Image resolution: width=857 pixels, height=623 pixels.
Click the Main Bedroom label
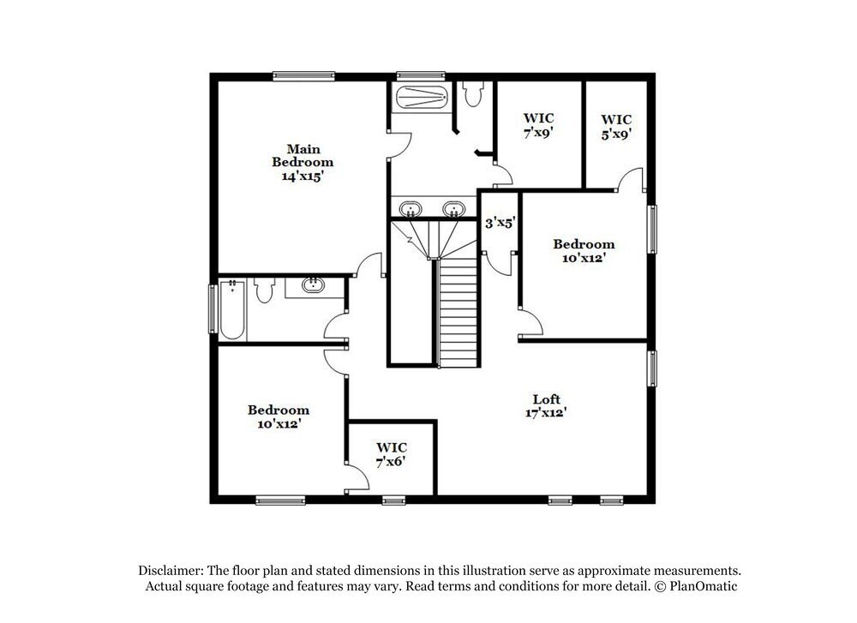coord(303,155)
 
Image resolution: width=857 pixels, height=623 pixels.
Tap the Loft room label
coord(546,399)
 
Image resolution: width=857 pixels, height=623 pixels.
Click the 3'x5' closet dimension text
coord(500,223)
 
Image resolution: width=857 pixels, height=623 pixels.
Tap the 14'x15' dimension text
coord(303,176)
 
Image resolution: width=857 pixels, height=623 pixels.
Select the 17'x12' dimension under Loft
coord(546,412)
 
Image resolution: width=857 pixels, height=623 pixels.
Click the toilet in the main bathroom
coord(473,93)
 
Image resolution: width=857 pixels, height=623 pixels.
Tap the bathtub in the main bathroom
coord(421,97)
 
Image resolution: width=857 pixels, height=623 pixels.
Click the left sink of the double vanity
coord(411,208)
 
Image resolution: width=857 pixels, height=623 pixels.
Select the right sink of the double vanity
coord(452,208)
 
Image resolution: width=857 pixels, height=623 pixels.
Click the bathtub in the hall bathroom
coord(231,308)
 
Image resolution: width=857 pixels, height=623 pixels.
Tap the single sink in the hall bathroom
coord(313,285)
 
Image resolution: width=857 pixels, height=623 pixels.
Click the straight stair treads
coord(458,313)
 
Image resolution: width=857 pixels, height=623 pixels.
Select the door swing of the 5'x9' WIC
coord(631,180)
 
